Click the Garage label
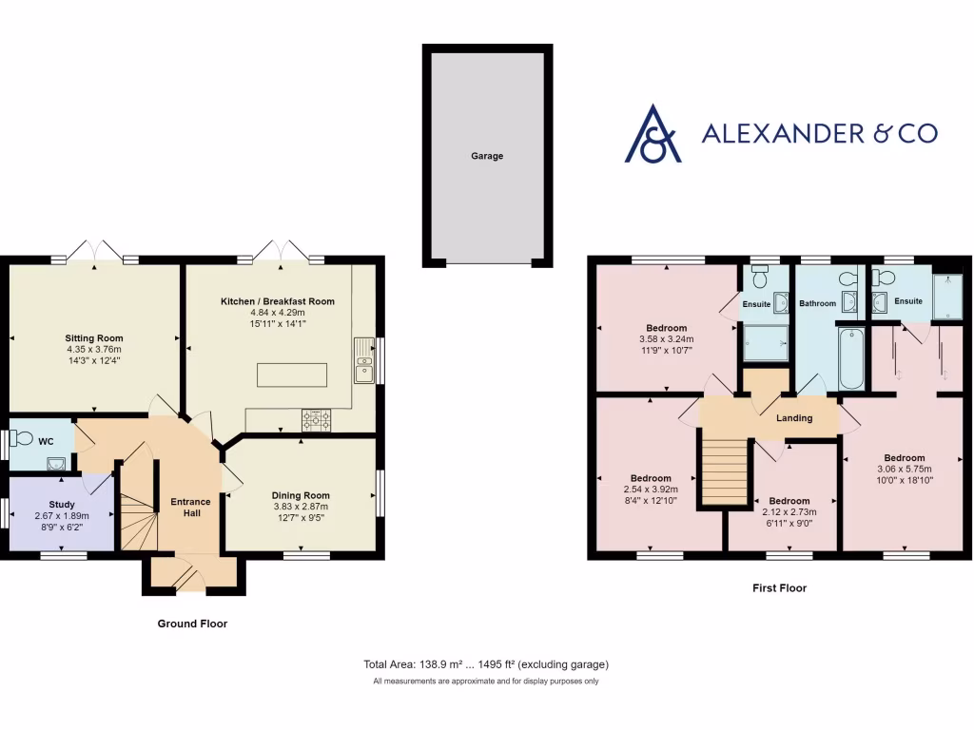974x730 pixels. pyautogui.click(x=486, y=156)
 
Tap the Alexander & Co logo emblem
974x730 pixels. pyautogui.click(x=653, y=134)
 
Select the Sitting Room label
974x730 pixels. pyautogui.click(x=94, y=338)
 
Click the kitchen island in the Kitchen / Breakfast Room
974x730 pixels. pyautogui.click(x=291, y=375)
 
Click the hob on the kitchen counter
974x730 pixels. pyautogui.click(x=316, y=419)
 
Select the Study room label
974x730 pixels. pyautogui.click(x=62, y=505)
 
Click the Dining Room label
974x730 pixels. pyautogui.click(x=301, y=495)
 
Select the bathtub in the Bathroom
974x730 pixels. pyautogui.click(x=851, y=358)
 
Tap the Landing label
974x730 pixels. pyautogui.click(x=794, y=418)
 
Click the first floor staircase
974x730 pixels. pyautogui.click(x=721, y=469)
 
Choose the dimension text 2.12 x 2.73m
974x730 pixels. pyautogui.click(x=789, y=513)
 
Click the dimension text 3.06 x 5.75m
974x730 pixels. pyautogui.click(x=904, y=469)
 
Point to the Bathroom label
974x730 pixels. pyautogui.click(x=817, y=304)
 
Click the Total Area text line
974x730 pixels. pyautogui.click(x=486, y=664)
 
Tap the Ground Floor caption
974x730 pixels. pyautogui.click(x=192, y=624)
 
